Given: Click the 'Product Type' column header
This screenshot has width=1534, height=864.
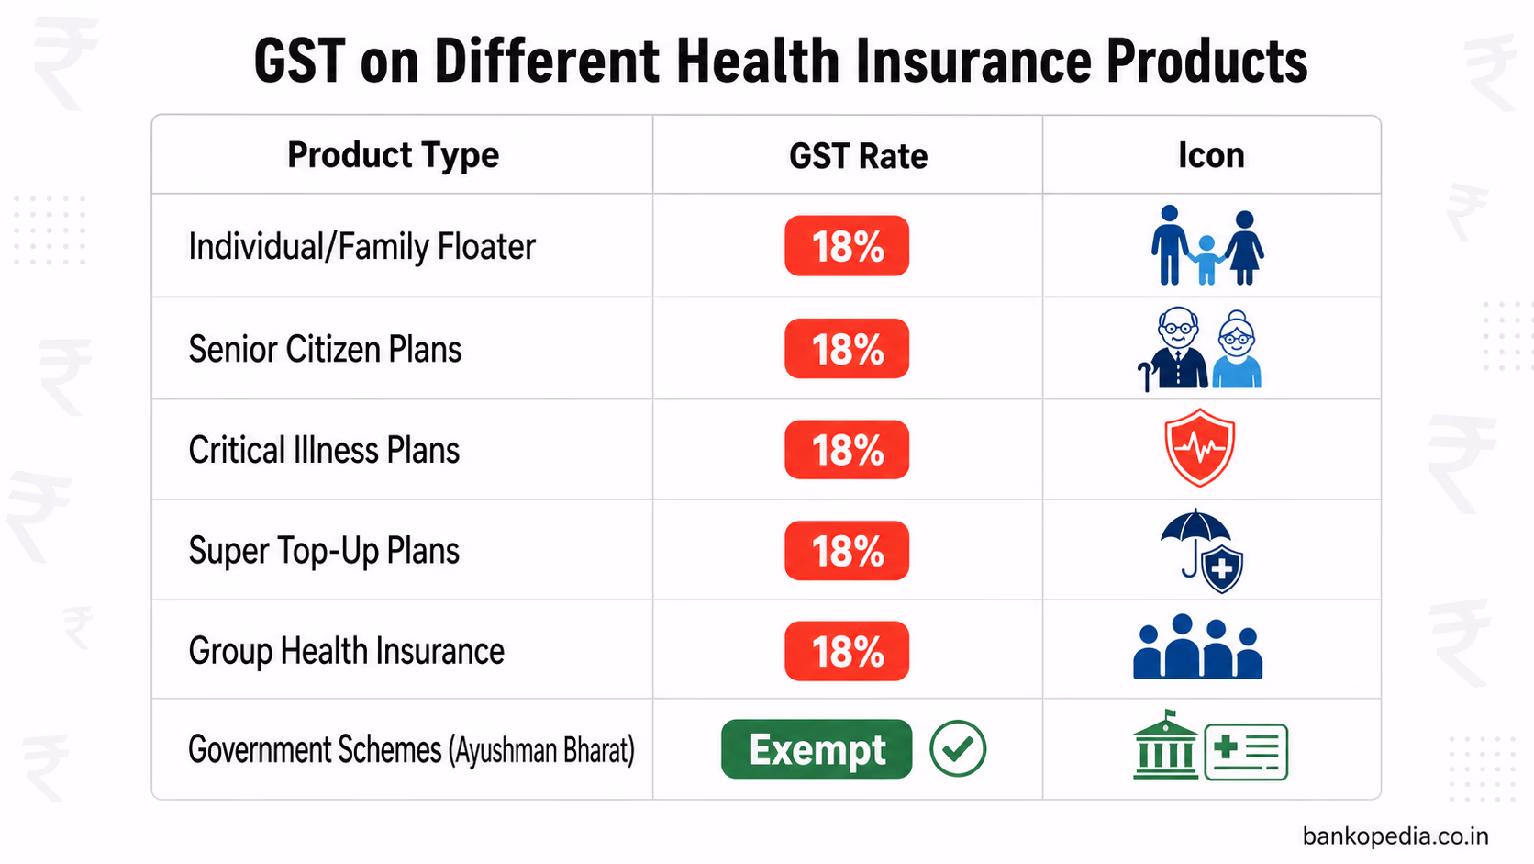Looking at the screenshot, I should click(393, 155).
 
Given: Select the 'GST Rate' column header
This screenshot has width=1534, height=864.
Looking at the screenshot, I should click(858, 156).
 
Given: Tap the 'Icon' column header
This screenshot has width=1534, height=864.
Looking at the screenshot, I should click(1211, 155).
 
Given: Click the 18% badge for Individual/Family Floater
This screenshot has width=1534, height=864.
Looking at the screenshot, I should click(847, 246).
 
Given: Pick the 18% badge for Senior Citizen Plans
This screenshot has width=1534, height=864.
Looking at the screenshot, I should click(847, 349).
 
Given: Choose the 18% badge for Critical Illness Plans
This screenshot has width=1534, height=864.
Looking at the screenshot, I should click(847, 450).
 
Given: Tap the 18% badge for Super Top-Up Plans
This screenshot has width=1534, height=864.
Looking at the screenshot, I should click(847, 551).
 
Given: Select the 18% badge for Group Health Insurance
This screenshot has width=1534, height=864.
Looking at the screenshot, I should click(847, 652).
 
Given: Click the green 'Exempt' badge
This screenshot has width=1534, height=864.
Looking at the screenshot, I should click(817, 749).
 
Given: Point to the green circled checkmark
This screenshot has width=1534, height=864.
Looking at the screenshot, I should click(958, 749).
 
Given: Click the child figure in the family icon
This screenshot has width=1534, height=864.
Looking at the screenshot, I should click(1206, 259).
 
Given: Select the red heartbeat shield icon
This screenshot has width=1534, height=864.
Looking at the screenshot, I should click(1199, 448).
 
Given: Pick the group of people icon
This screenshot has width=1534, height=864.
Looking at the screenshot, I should click(1197, 647).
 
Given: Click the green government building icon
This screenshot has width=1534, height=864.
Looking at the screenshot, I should click(1165, 746).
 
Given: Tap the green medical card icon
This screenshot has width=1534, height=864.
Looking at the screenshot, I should click(1246, 752).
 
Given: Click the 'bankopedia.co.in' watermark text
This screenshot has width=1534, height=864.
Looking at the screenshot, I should click(1395, 836).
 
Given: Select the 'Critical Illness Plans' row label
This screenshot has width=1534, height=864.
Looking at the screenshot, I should click(324, 451).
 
